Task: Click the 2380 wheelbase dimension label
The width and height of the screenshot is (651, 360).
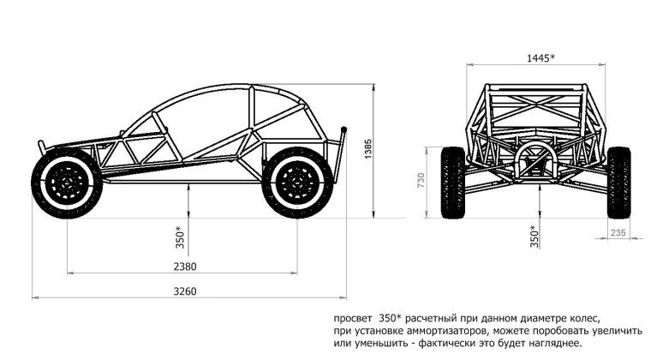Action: pos(185,267)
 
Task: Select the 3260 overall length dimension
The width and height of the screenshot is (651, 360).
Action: pos(185,291)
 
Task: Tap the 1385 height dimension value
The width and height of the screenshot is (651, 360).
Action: pos(368,149)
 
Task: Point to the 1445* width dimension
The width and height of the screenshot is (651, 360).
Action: pos(541,57)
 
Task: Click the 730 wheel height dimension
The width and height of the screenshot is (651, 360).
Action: pos(421,181)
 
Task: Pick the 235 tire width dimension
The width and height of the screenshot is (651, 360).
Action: pos(618,232)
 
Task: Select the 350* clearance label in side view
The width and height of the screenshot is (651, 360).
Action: pos(180,237)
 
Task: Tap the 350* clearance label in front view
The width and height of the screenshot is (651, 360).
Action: pos(534,237)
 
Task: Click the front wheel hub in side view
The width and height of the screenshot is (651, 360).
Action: pos(67,183)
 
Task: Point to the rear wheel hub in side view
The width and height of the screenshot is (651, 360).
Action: pos(297,183)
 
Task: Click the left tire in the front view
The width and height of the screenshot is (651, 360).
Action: pos(452,183)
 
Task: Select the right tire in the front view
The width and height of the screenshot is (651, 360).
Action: pos(619,183)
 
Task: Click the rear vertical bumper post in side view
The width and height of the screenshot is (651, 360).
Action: pos(341,154)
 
